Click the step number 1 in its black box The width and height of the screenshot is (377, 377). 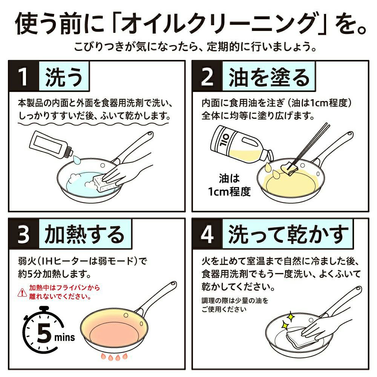(x=23, y=77)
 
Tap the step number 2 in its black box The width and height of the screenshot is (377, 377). (x=207, y=77)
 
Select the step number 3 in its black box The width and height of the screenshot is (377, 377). (x=23, y=234)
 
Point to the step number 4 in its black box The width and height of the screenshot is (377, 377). (x=207, y=234)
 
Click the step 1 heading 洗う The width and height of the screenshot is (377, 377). (x=64, y=77)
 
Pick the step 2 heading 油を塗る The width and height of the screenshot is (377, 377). (x=269, y=77)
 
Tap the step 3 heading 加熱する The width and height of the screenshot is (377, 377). (x=84, y=234)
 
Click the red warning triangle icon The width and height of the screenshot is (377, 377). (x=22, y=293)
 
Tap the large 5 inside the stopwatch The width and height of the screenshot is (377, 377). (x=44, y=333)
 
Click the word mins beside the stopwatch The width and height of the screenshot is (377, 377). (x=64, y=337)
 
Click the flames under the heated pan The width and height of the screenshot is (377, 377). (x=114, y=357)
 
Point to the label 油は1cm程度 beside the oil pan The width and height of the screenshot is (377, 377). (x=229, y=185)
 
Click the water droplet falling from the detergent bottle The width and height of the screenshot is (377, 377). (x=77, y=160)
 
